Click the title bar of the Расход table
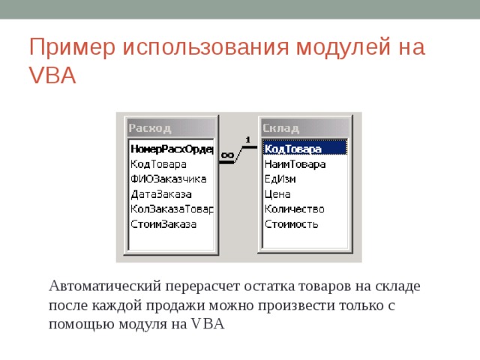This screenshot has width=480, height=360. (172, 127)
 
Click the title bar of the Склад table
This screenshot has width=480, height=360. (304, 127)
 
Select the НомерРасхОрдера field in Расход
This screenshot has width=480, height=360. (172, 149)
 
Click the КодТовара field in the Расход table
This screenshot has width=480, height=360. (159, 164)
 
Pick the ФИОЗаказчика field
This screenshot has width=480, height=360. (168, 178)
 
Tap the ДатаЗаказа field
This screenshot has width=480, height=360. (161, 193)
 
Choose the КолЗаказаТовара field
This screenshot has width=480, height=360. (172, 208)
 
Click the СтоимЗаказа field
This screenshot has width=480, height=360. (163, 223)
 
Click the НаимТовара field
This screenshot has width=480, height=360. (295, 164)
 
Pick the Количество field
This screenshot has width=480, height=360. (295, 208)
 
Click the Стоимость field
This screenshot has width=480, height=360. (292, 223)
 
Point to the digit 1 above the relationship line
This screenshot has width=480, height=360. (247, 139)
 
